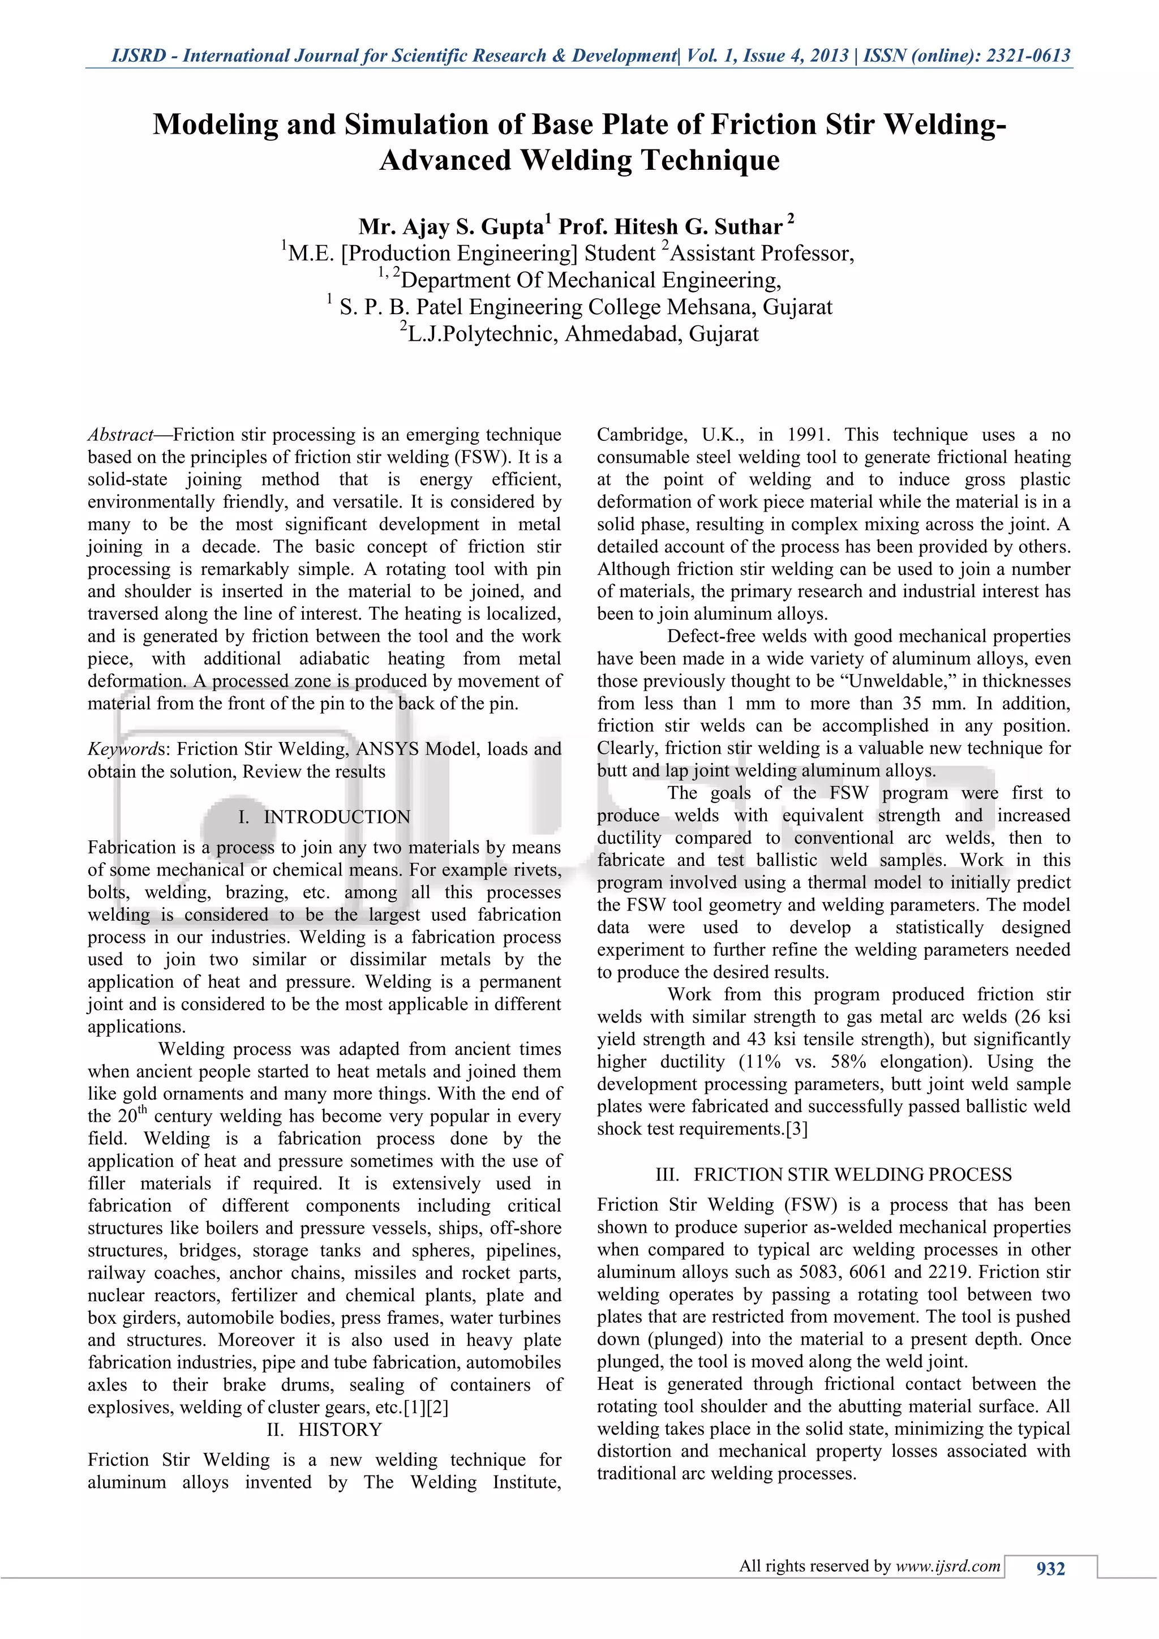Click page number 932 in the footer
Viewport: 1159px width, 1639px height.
[x=1050, y=1568]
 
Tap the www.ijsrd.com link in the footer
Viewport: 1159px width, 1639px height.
[x=948, y=1566]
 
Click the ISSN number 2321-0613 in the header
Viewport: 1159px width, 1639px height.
[x=1028, y=55]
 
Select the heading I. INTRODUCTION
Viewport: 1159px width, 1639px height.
[x=324, y=817]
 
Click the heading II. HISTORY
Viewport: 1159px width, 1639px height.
[x=324, y=1430]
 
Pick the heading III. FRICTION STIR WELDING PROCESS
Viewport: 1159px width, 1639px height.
[x=833, y=1174]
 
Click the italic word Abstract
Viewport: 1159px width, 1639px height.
[x=120, y=435]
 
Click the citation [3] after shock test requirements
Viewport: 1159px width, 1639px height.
[x=796, y=1129]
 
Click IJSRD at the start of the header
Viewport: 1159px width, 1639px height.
[x=139, y=55]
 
